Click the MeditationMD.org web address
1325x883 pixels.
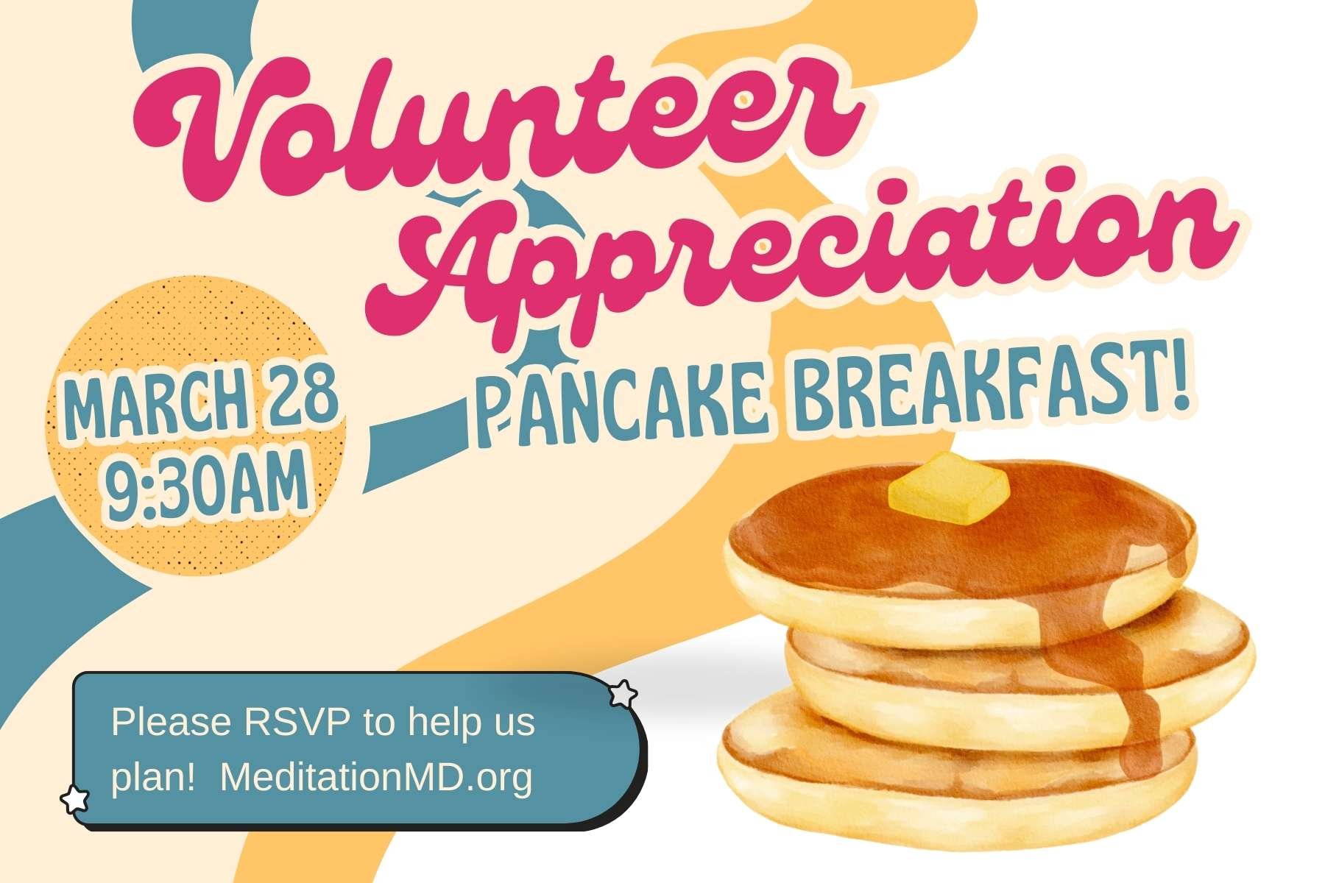375,777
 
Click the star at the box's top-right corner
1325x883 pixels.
623,693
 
